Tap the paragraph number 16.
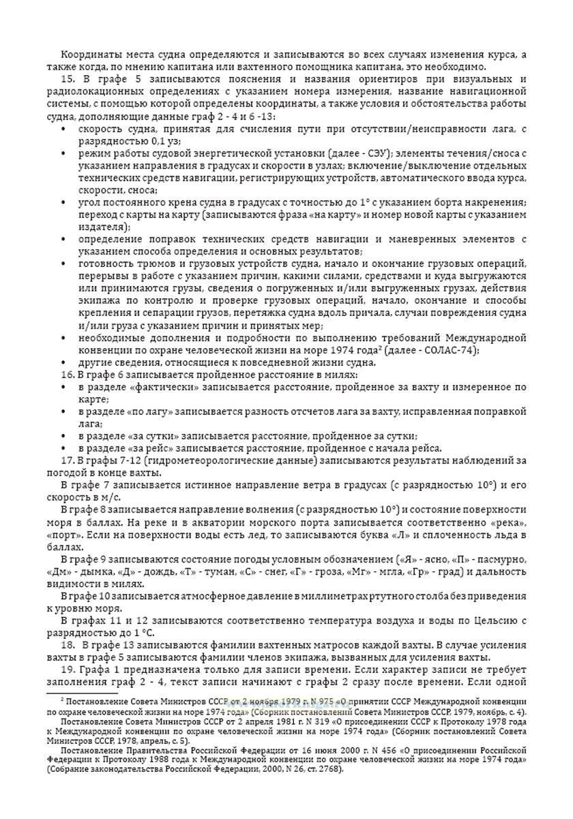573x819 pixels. pos(67,375)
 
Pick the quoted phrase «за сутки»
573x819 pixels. pos(151,436)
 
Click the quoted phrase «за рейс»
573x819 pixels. pos(149,448)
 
